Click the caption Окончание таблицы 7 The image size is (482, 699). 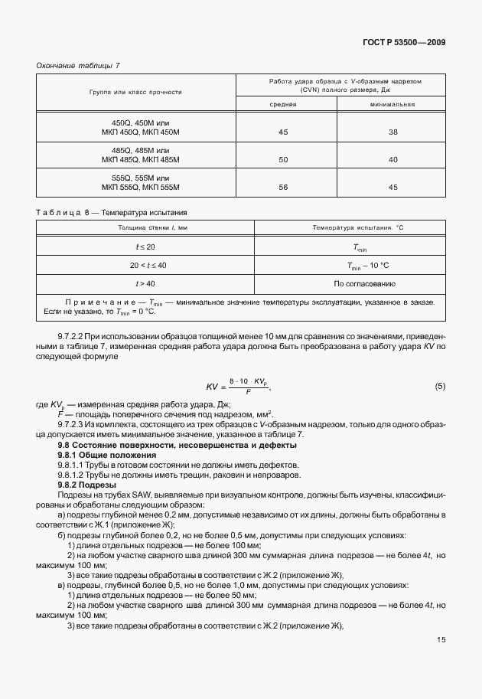(78, 65)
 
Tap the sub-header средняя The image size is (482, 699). (282, 104)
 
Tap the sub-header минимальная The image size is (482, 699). (392, 104)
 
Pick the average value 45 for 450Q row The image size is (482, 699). (283, 132)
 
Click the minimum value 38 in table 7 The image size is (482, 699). (393, 132)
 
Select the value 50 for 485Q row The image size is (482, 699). (283, 160)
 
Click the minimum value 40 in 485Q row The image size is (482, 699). (393, 160)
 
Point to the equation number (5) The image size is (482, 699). (439, 387)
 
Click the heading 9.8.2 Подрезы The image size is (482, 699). (87, 485)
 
